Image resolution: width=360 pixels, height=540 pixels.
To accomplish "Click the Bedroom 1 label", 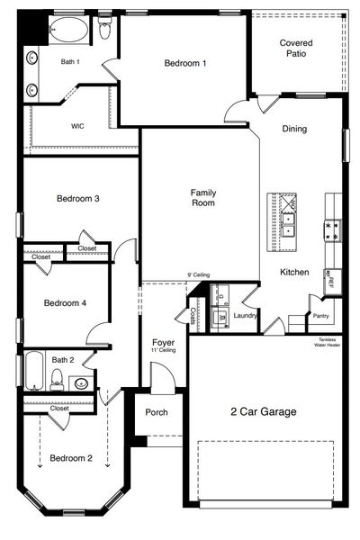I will click(x=185, y=63).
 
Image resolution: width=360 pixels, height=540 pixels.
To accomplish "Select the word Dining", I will click(x=294, y=129).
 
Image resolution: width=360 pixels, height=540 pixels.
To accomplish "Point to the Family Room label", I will click(x=203, y=198).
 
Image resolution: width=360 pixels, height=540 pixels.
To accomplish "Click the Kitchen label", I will click(x=294, y=272).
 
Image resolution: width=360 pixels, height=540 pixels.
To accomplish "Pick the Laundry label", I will click(x=245, y=316).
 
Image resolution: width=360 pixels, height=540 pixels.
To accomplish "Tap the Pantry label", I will click(x=320, y=316).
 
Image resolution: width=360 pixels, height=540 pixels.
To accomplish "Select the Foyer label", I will click(x=163, y=343).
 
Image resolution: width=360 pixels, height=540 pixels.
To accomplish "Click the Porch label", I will click(x=157, y=413).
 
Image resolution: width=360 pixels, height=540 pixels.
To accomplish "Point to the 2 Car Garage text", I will click(x=263, y=411).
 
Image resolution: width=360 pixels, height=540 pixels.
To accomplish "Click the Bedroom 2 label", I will click(x=71, y=458).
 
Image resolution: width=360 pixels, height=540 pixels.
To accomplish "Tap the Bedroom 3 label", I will click(x=77, y=199).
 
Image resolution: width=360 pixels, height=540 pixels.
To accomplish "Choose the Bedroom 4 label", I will click(x=65, y=303).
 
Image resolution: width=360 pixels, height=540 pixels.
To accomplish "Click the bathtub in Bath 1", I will click(x=69, y=30).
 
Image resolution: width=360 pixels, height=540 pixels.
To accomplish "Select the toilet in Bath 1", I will click(x=105, y=31).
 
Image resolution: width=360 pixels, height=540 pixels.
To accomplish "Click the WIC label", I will click(x=77, y=126).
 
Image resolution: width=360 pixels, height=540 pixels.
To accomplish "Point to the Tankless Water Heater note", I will click(x=327, y=342).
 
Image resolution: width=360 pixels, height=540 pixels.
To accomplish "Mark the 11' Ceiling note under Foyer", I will click(x=163, y=351).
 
